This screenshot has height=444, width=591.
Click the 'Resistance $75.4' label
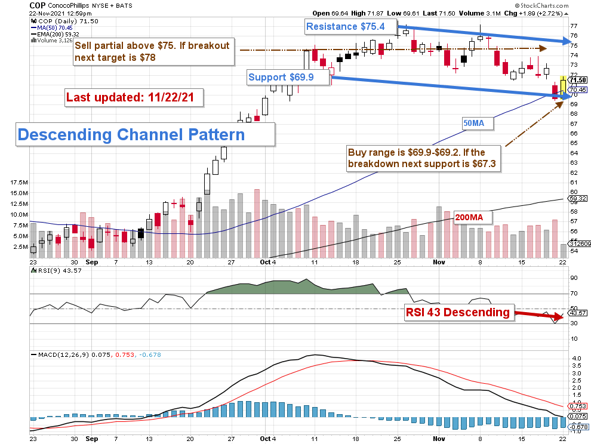(x=350, y=26)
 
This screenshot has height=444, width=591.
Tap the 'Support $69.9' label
(x=288, y=78)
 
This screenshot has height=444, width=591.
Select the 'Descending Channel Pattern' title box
(x=131, y=134)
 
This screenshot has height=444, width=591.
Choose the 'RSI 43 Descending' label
(x=458, y=312)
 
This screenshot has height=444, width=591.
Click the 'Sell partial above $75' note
(x=153, y=53)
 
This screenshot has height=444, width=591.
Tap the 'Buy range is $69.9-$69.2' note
(x=420, y=158)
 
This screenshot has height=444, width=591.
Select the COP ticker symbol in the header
(x=38, y=5)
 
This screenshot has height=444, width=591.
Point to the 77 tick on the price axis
(x=574, y=26)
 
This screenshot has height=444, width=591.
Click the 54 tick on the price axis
(x=574, y=250)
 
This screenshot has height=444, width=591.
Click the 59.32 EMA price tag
(x=575, y=199)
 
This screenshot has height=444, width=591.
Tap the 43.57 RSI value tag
(x=576, y=313)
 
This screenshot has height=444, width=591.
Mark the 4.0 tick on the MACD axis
(x=575, y=359)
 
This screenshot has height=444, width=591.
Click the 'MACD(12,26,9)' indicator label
(x=60, y=354)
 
